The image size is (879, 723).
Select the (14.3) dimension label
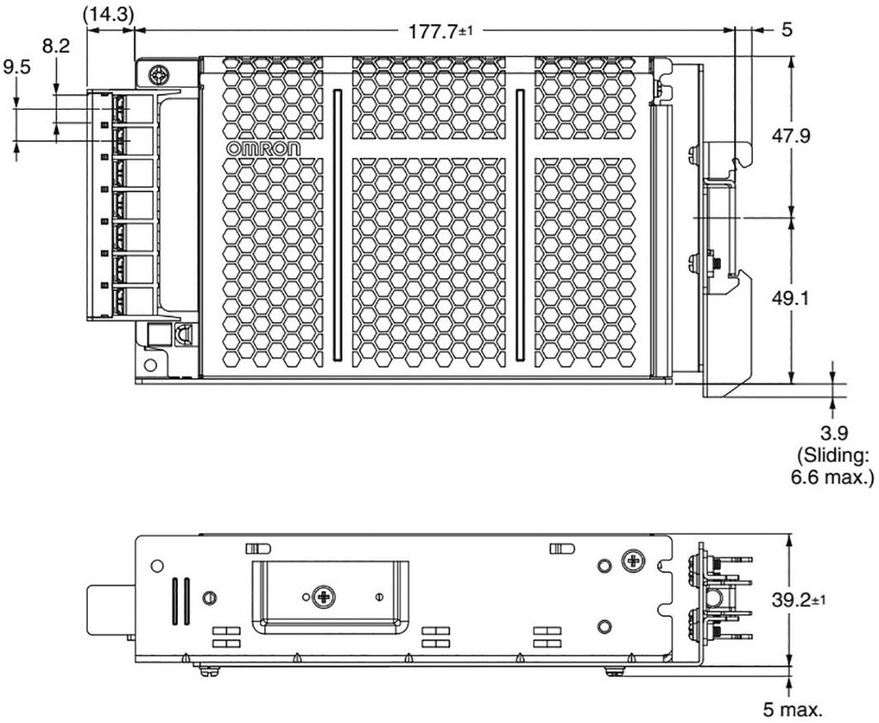(x=111, y=14)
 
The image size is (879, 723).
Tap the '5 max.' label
(x=794, y=709)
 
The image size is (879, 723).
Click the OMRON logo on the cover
(x=264, y=149)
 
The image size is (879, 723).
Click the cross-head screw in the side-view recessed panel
(x=324, y=596)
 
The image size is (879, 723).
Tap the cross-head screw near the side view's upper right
(x=633, y=561)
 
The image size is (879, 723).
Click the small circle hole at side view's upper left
(x=155, y=566)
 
